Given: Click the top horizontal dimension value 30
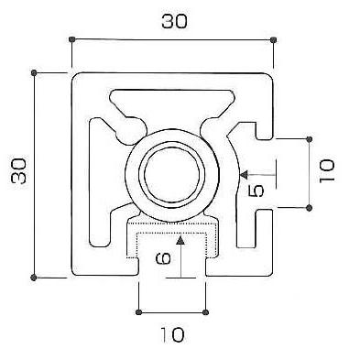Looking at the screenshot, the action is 174,21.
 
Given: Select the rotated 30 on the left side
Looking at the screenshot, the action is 18,171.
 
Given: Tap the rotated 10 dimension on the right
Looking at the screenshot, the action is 327,171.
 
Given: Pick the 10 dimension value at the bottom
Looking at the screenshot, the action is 172,334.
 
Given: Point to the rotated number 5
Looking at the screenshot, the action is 256,191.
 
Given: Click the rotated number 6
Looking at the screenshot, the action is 163,258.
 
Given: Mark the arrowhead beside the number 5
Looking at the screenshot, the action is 244,175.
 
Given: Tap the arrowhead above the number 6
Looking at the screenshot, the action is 180,241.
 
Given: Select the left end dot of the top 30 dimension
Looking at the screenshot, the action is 71,39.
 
